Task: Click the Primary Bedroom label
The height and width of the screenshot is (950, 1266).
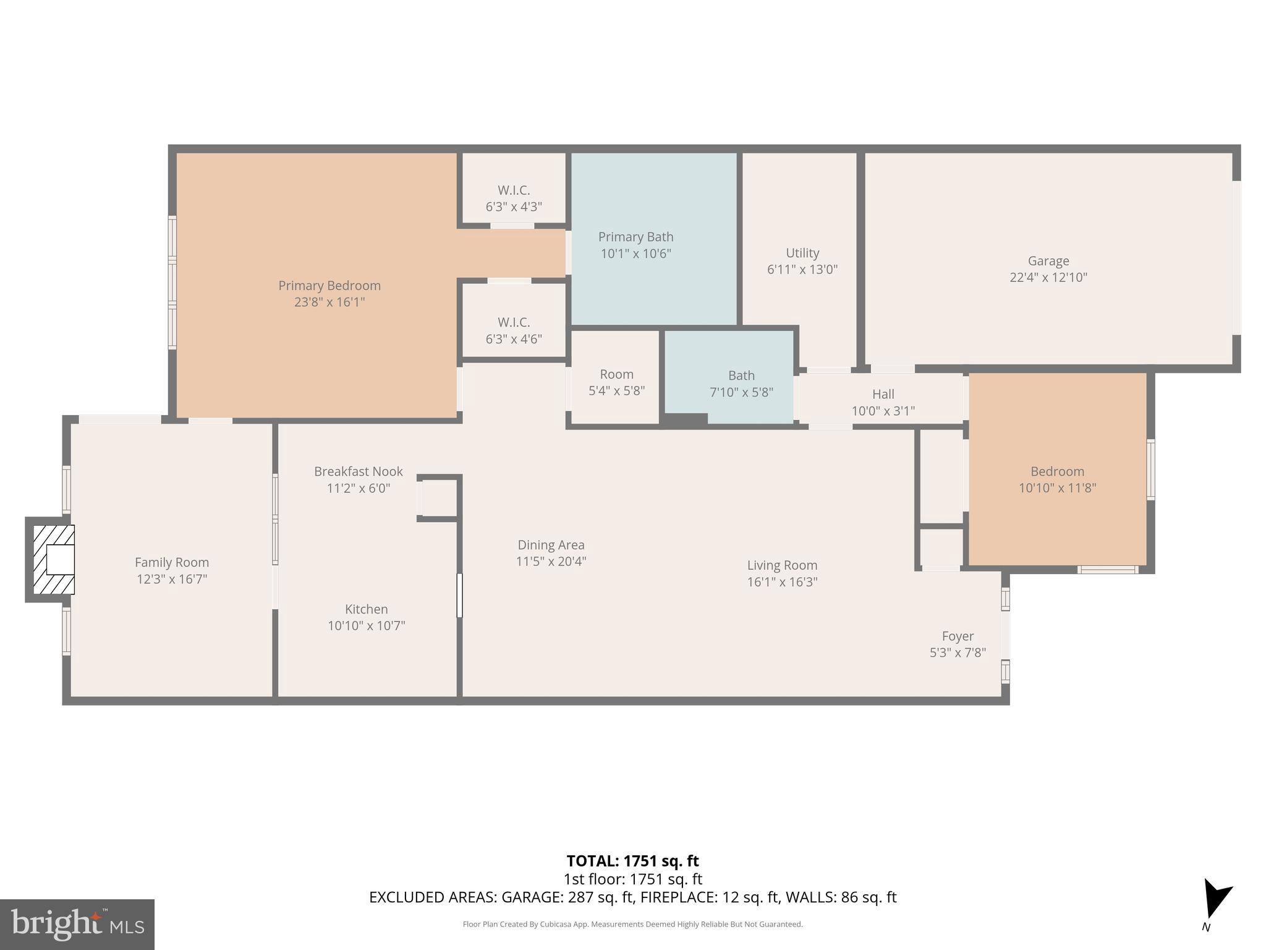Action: pyautogui.click(x=329, y=286)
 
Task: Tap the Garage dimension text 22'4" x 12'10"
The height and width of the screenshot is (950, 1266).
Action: pyautogui.click(x=1048, y=278)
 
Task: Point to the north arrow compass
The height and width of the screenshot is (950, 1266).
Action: pyautogui.click(x=1215, y=900)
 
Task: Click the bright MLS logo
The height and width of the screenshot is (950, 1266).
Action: pyautogui.click(x=77, y=924)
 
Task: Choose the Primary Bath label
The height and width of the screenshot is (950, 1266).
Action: pyautogui.click(x=635, y=237)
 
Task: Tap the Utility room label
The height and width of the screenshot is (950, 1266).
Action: pyautogui.click(x=802, y=253)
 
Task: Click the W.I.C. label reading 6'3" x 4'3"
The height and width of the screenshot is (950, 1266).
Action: pyautogui.click(x=514, y=199)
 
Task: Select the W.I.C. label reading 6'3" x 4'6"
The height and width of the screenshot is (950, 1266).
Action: pyautogui.click(x=514, y=330)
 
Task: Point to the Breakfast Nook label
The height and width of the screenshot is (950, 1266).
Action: pyautogui.click(x=358, y=471)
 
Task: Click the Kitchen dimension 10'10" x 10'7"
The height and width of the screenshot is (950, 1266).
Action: pyautogui.click(x=366, y=626)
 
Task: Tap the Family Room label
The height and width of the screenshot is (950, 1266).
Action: pyautogui.click(x=172, y=562)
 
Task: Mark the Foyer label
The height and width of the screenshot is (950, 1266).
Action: pyautogui.click(x=958, y=636)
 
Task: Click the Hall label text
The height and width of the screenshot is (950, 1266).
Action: pyautogui.click(x=883, y=394)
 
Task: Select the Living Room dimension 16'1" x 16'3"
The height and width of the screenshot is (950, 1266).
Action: pyautogui.click(x=782, y=582)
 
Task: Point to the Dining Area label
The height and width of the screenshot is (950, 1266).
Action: pyautogui.click(x=551, y=545)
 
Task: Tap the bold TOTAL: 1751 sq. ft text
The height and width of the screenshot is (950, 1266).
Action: pyautogui.click(x=632, y=861)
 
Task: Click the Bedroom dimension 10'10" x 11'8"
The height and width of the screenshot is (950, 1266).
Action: pyautogui.click(x=1057, y=488)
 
